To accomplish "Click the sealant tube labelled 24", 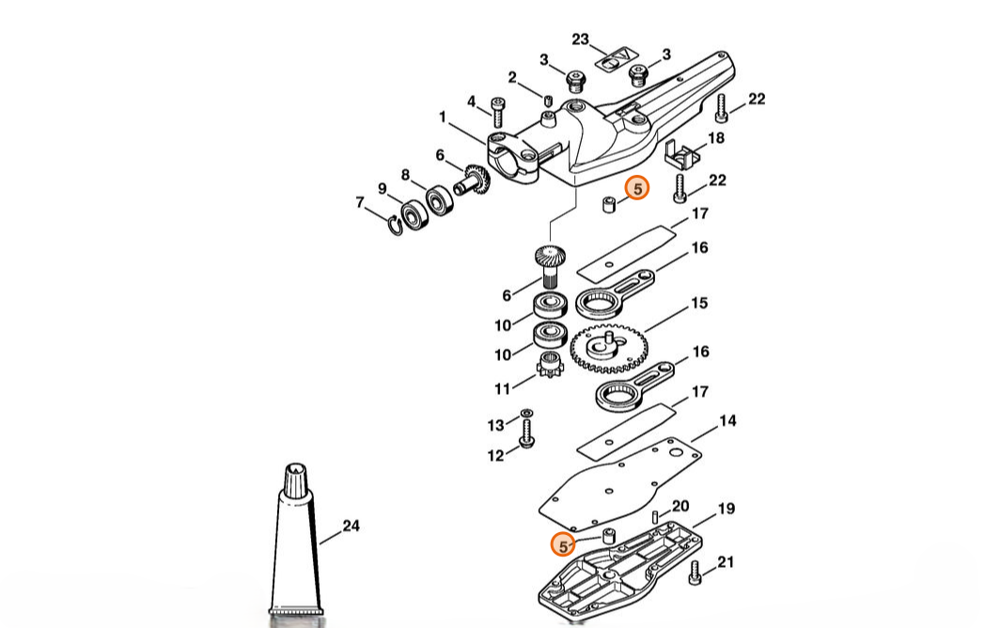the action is click(295, 542).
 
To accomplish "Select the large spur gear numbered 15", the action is click(609, 349).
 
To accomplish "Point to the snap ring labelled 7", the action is click(396, 224).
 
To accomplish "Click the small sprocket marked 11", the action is click(549, 365).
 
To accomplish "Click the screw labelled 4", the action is click(497, 112).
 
